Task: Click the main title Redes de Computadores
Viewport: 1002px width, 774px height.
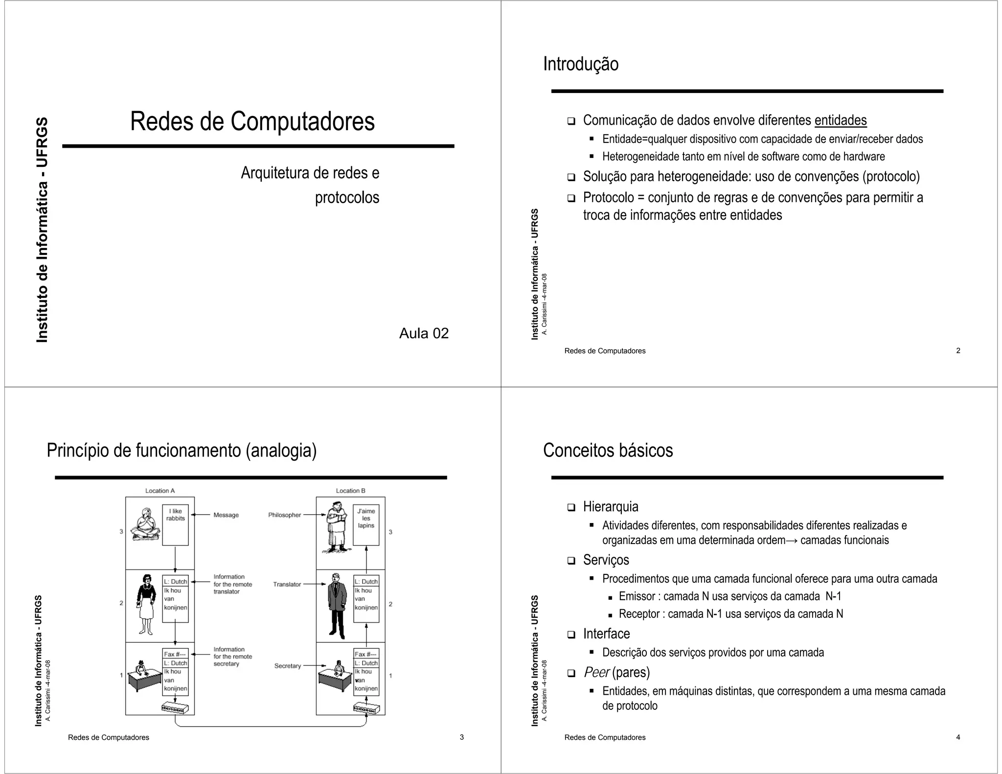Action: point(252,121)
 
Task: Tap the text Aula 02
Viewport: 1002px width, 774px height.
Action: point(424,333)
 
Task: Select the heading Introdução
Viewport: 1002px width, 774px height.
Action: point(580,64)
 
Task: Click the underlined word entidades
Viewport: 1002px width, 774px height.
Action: point(840,120)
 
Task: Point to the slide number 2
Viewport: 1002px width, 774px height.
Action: point(958,350)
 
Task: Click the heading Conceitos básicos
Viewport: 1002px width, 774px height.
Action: point(608,450)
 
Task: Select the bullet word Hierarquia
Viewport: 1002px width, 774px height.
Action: point(610,506)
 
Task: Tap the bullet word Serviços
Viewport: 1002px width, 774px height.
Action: point(606,560)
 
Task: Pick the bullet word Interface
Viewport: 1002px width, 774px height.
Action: point(606,634)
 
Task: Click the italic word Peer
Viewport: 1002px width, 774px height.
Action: point(596,672)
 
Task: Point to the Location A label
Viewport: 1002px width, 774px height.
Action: point(160,491)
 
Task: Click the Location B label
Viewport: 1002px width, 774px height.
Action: point(350,491)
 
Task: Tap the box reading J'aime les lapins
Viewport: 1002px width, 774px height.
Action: point(366,525)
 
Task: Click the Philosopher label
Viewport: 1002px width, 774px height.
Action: point(284,515)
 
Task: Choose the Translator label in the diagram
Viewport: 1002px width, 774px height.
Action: point(287,584)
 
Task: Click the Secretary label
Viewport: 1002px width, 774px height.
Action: point(287,666)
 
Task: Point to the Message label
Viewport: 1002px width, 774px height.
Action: point(226,515)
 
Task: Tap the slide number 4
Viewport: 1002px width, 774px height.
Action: point(958,737)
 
